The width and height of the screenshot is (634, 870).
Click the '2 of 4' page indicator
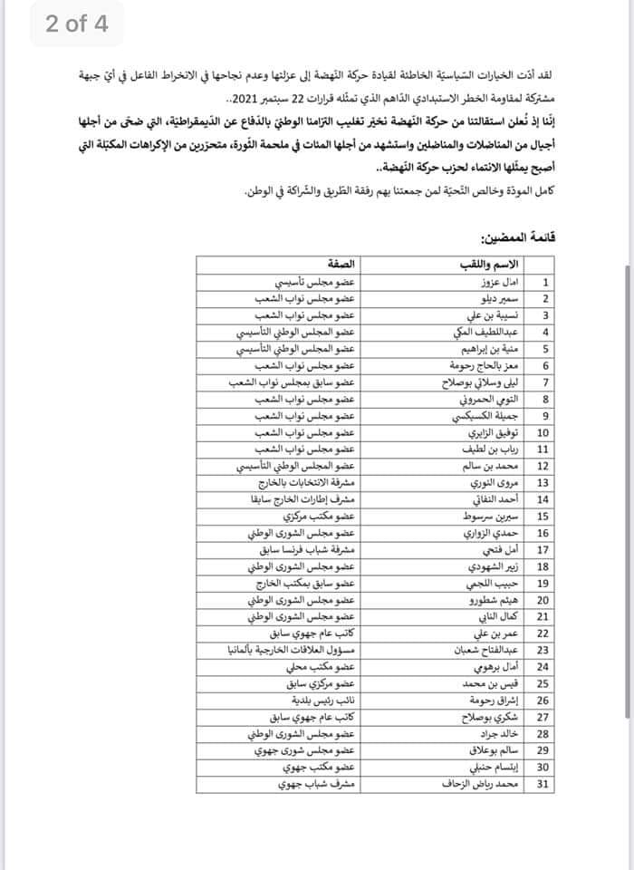[76, 24]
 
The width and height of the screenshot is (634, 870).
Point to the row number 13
[544, 483]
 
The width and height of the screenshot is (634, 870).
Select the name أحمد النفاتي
[492, 499]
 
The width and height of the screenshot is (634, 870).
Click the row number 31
[544, 785]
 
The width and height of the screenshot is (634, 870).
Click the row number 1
[544, 282]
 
